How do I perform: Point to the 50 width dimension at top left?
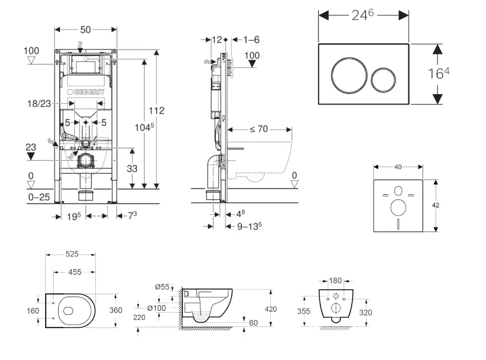[x=86, y=29]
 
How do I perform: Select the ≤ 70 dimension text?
[x=258, y=129]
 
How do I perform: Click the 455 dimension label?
[x=74, y=273]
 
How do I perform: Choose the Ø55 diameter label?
[x=162, y=287]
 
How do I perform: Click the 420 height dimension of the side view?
[x=270, y=309]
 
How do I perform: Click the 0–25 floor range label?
[x=39, y=197]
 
